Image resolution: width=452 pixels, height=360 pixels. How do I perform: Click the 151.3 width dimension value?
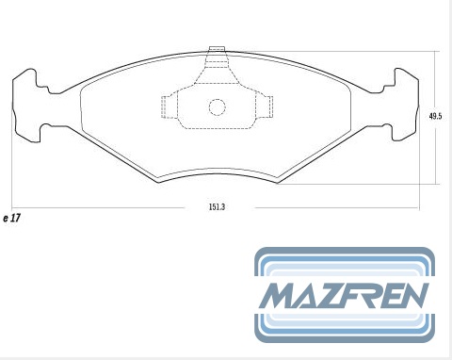217,207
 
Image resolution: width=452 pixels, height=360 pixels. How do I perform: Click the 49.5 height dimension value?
435,116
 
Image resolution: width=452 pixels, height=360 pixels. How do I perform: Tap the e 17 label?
11,218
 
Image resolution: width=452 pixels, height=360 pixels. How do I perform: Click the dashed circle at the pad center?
218,107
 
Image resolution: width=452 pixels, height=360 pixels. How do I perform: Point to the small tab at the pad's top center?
218,49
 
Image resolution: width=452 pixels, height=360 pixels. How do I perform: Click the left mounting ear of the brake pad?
26,106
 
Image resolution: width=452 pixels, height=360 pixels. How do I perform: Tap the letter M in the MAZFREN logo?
278,295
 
